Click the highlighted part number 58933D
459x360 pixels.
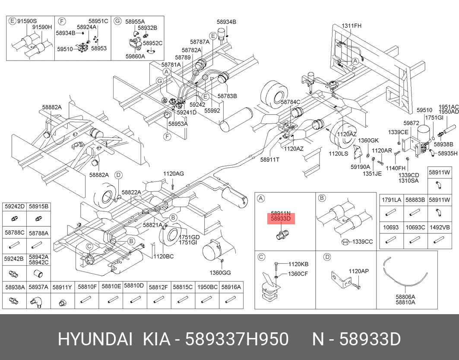pyautogui.click(x=280, y=220)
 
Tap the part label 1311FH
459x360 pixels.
pyautogui.click(x=351, y=25)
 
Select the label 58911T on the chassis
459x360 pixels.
pyautogui.click(x=270, y=159)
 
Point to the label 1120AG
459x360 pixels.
pyautogui.click(x=173, y=174)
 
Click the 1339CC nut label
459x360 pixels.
pyautogui.click(x=362, y=242)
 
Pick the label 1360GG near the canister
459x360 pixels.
pyautogui.click(x=220, y=273)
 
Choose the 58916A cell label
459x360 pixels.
pyautogui.click(x=231, y=286)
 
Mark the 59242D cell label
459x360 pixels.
pyautogui.click(x=15, y=206)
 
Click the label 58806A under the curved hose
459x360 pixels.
pyautogui.click(x=405, y=297)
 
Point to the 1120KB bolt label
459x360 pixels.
pyautogui.click(x=298, y=264)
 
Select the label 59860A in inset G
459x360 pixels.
pyautogui.click(x=135, y=56)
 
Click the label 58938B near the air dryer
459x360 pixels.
pyautogui.click(x=443, y=144)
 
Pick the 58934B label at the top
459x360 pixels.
pyautogui.click(x=226, y=22)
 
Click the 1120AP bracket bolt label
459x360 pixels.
pyautogui.click(x=358, y=271)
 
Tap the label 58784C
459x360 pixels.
pyautogui.click(x=290, y=102)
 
